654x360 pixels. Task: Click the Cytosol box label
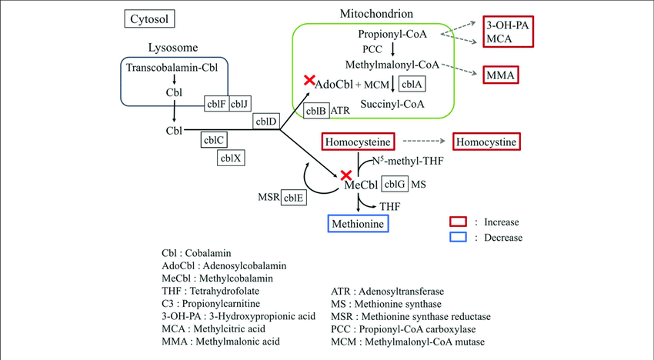click(151, 18)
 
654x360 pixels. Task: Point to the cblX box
click(231, 158)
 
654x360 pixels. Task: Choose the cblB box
click(315, 111)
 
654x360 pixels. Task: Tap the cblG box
click(394, 184)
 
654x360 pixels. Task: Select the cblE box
click(293, 197)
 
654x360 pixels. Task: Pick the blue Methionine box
click(355, 224)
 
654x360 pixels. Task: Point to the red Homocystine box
click(486, 142)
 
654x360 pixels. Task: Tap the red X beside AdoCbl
click(309, 80)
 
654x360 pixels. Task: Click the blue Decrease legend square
click(459, 238)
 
